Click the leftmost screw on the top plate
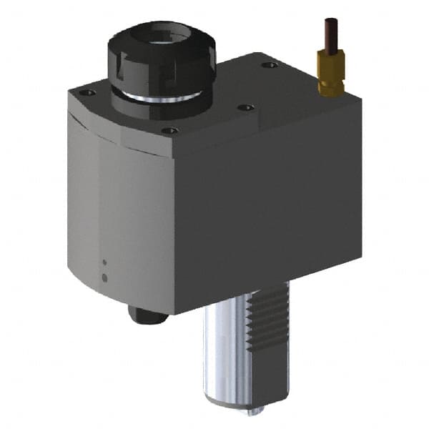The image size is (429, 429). pyautogui.click(x=87, y=93)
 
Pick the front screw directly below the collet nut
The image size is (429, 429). pyautogui.click(x=169, y=131)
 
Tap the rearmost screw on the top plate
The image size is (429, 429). pyautogui.click(x=269, y=65)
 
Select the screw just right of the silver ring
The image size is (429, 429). pyautogui.click(x=245, y=107)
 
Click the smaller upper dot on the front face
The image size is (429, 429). pyautogui.click(x=104, y=262)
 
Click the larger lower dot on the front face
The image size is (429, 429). pyautogui.click(x=104, y=277)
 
